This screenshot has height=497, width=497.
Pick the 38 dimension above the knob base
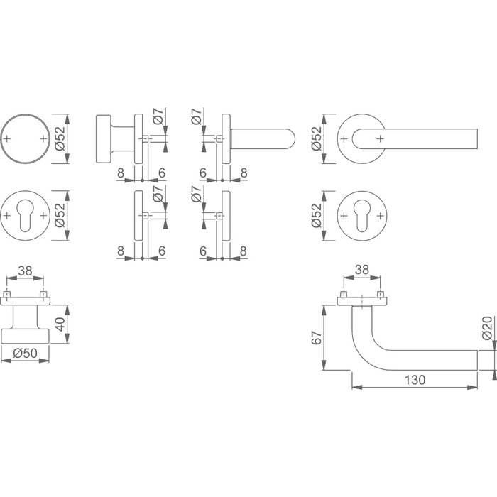point(26,271)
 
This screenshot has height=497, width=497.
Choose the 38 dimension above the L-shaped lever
point(362,271)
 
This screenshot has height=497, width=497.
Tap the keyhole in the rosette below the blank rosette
point(26,214)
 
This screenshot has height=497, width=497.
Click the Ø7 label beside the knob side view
point(159,117)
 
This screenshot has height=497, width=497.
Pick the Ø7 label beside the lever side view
point(197,117)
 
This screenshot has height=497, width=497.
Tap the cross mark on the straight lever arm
point(381,138)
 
